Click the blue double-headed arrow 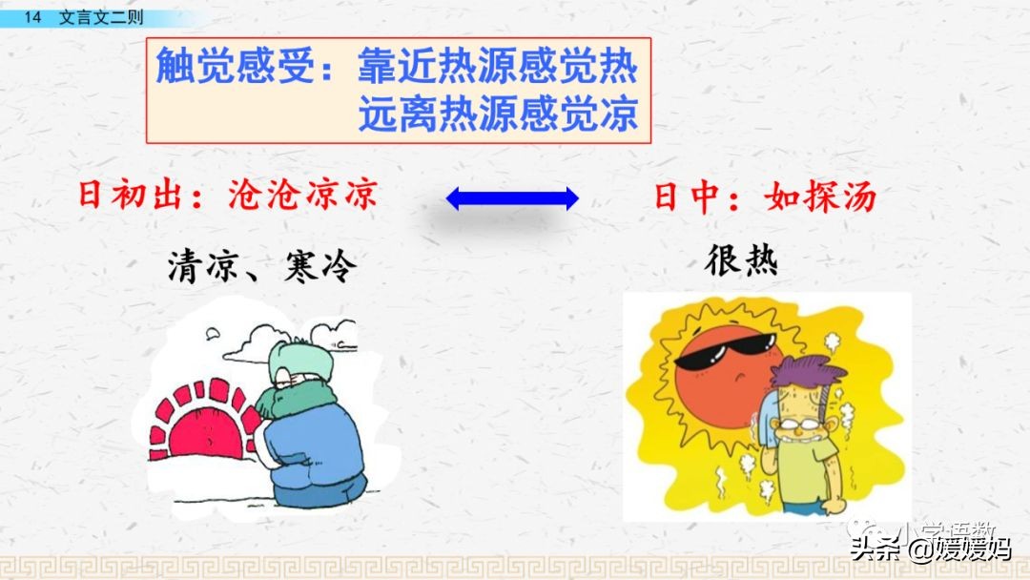point(512,198)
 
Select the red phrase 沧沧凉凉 point(303,196)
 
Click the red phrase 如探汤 point(820,197)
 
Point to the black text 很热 point(741,259)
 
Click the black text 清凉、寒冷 point(260,266)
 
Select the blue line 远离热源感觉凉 point(498,116)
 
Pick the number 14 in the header point(33,17)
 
